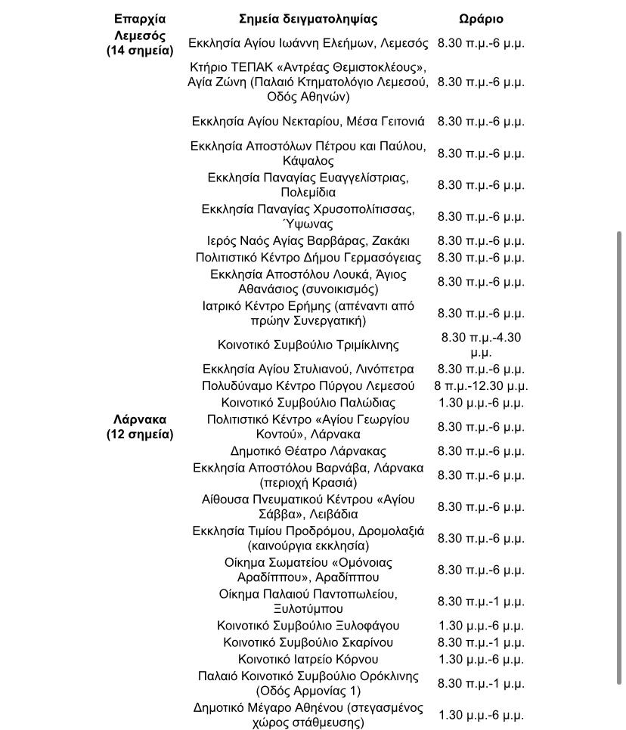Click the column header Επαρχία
click(140, 19)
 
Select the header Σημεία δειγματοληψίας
click(308, 19)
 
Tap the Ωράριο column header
click(481, 19)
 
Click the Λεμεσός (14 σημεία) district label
click(140, 43)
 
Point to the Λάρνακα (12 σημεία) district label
click(140, 427)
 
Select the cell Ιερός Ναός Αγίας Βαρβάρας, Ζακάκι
click(308, 241)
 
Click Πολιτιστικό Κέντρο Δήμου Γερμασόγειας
click(308, 258)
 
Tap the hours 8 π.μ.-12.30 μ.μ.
click(481, 386)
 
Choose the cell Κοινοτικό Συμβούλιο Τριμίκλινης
click(308, 345)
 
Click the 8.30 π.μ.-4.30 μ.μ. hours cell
click(481, 345)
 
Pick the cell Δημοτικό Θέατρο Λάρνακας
click(308, 451)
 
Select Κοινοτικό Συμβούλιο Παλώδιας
click(308, 403)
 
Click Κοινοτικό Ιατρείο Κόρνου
click(308, 659)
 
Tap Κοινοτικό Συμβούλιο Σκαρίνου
click(308, 642)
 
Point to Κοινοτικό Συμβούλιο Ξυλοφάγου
click(308, 626)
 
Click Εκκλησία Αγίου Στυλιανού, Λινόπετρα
click(308, 370)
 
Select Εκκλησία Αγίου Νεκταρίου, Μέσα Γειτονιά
click(308, 121)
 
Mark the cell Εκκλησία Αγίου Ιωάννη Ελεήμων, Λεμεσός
click(308, 43)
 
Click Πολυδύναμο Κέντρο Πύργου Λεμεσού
click(308, 386)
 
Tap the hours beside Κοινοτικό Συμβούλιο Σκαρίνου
click(481, 642)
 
